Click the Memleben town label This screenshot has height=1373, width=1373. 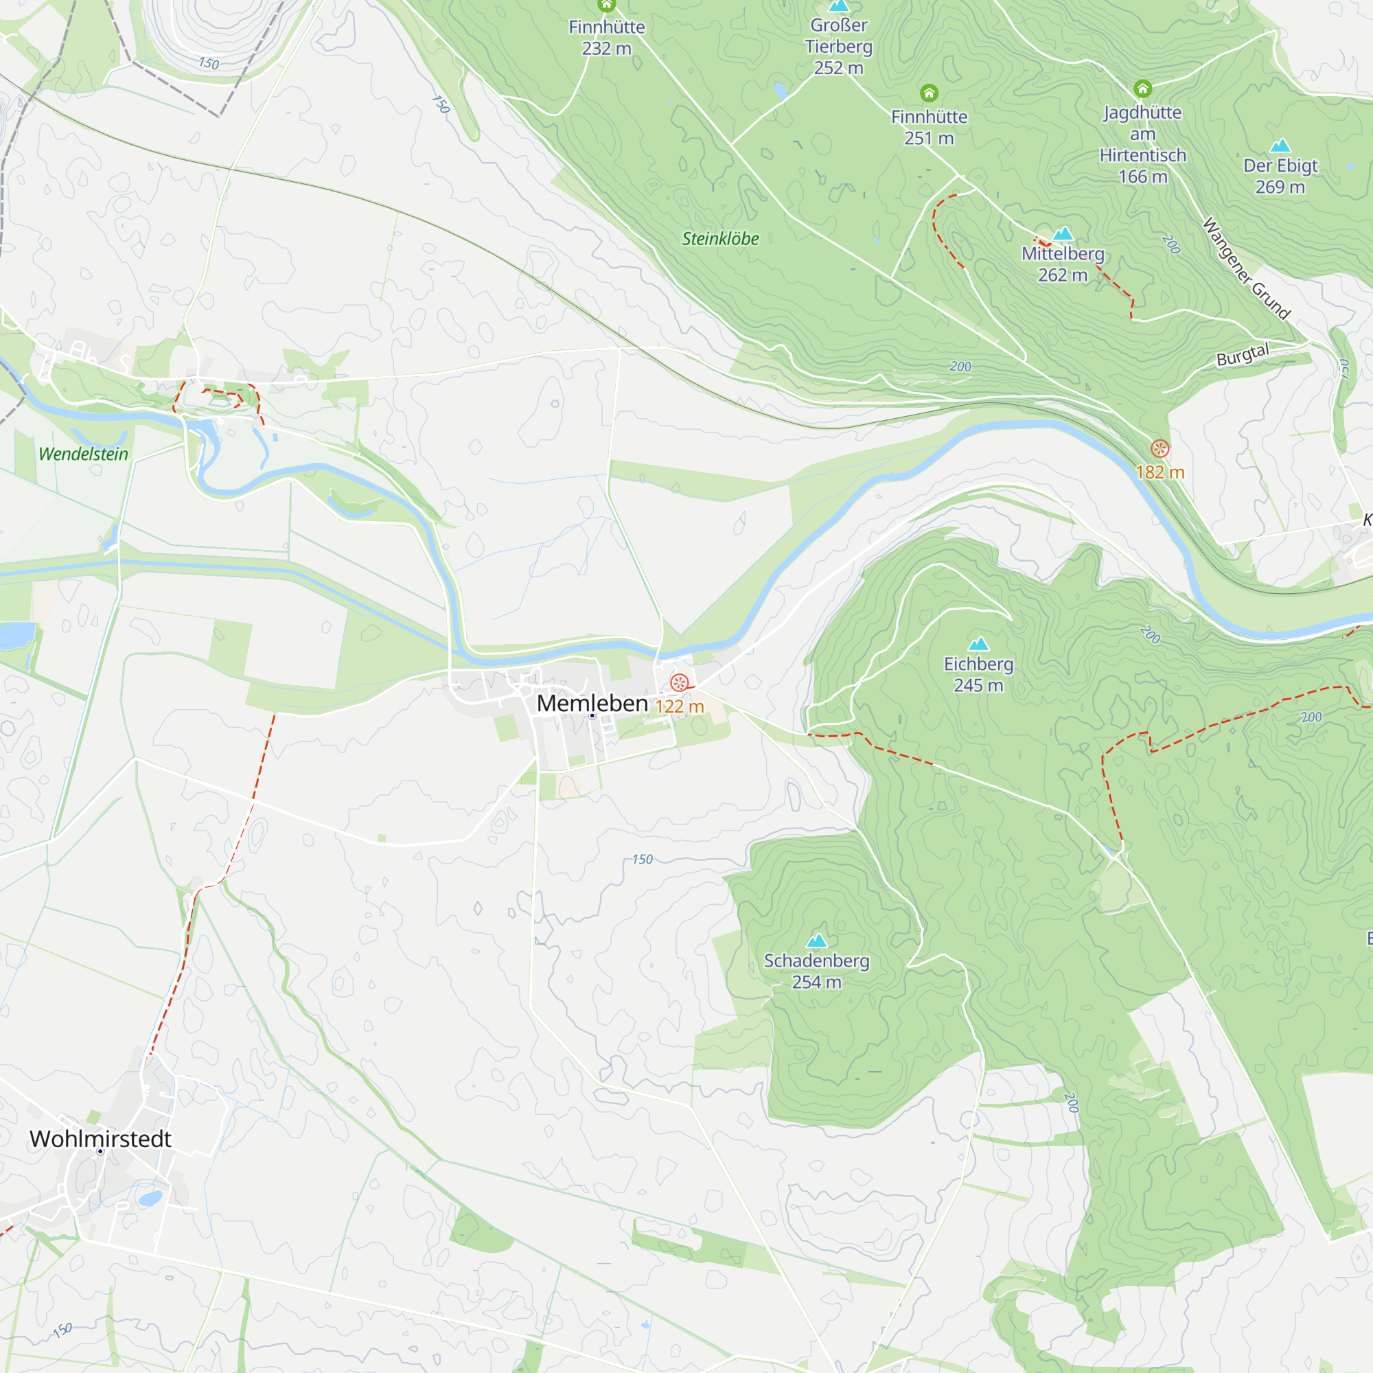pos(592,704)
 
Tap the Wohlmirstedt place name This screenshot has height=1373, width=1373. pos(100,1139)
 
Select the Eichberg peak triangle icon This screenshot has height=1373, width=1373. pos(978,644)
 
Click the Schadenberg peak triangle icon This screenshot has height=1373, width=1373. pos(816,941)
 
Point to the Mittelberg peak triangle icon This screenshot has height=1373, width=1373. pos(1063,233)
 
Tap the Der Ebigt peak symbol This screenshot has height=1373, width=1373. pos(1280,146)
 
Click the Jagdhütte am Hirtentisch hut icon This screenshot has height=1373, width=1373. pos(1142,89)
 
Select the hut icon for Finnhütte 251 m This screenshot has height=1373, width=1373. pos(929,93)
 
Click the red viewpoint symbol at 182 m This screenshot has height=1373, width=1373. pos(1159,448)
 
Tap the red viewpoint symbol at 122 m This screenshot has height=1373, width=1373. pos(680,684)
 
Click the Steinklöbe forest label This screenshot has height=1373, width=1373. pos(720,239)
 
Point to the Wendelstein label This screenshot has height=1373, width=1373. pos(83,454)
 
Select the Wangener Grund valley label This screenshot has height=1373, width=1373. pos(1246,269)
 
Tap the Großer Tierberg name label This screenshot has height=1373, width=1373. pos(839,36)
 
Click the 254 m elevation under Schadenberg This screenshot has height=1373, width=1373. pos(816,982)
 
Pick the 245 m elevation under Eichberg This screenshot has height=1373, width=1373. pos(978,685)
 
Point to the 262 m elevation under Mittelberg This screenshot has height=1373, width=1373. pos(1063,275)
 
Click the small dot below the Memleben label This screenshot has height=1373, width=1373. pos(592,716)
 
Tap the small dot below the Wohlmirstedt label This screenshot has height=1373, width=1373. pos(100,1152)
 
